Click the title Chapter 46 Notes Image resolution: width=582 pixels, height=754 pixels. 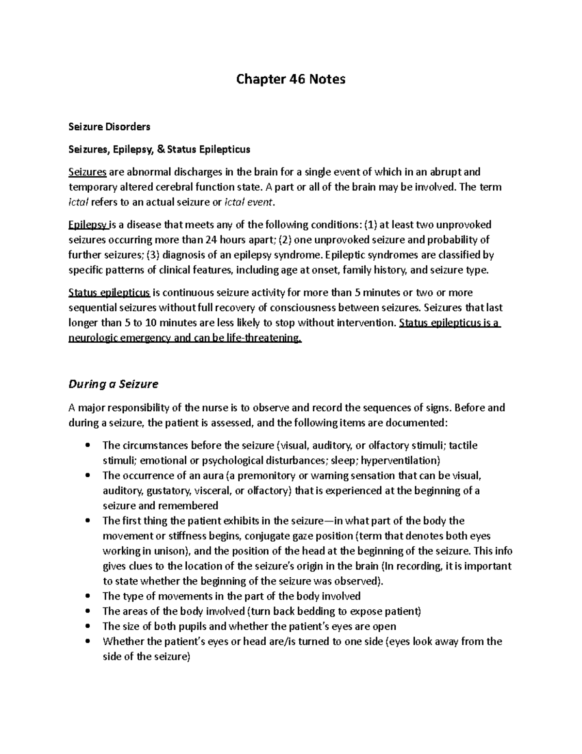click(x=291, y=79)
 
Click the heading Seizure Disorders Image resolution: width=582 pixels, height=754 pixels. click(x=109, y=127)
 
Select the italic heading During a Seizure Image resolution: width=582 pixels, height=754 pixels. click(x=113, y=384)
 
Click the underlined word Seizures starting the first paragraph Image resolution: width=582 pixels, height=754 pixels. click(x=87, y=172)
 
